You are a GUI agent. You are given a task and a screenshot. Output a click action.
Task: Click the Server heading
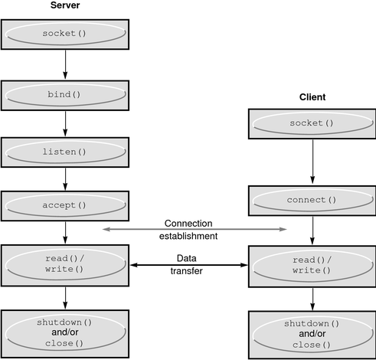tap(64, 6)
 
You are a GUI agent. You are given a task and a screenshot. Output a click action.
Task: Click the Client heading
tap(312, 97)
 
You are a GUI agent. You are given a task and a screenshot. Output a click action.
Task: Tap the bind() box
tap(65, 93)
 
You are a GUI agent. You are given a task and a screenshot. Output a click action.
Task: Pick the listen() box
tap(65, 152)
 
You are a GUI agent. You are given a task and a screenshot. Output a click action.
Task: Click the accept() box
tap(65, 205)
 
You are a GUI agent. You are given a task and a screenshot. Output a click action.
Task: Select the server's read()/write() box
tap(65, 263)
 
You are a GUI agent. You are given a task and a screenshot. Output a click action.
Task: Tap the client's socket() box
tap(312, 123)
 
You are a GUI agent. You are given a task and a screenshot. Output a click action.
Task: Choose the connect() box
tap(312, 201)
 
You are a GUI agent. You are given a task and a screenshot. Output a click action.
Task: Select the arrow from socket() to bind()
tap(65, 64)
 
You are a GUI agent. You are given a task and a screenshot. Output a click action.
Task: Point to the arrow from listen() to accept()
tap(65, 178)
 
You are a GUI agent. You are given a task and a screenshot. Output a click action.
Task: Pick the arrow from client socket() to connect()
tap(312, 162)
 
